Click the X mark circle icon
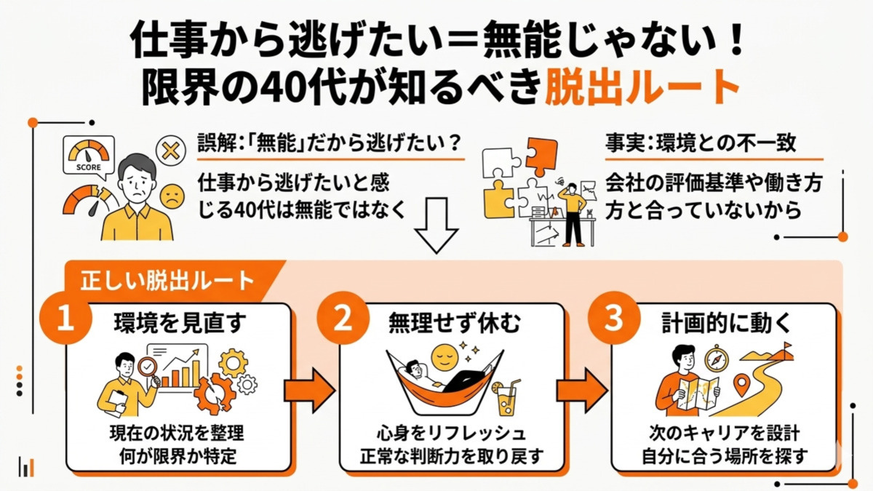[170, 152]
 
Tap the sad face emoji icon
[170, 196]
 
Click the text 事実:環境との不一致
[701, 143]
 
